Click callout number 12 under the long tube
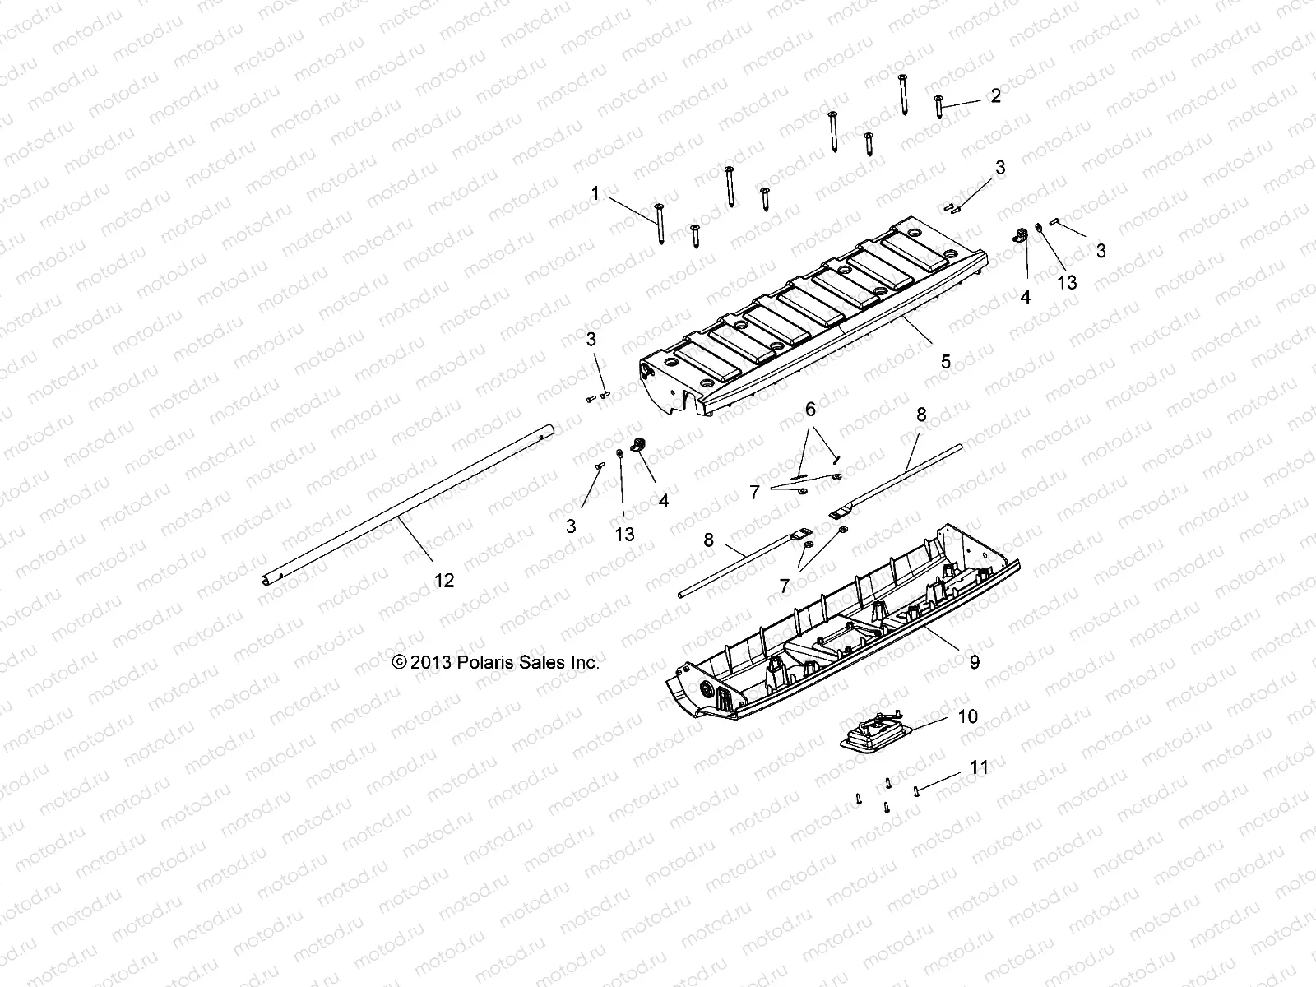[x=443, y=581]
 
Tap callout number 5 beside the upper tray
[x=946, y=361]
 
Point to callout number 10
[x=968, y=716]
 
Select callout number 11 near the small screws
[x=979, y=768]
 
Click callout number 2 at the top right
[x=996, y=96]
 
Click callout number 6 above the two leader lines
[x=810, y=409]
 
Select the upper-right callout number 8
[x=921, y=415]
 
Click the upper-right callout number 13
[x=1067, y=282]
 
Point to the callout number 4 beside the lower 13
[x=663, y=499]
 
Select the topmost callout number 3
[x=1000, y=168]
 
